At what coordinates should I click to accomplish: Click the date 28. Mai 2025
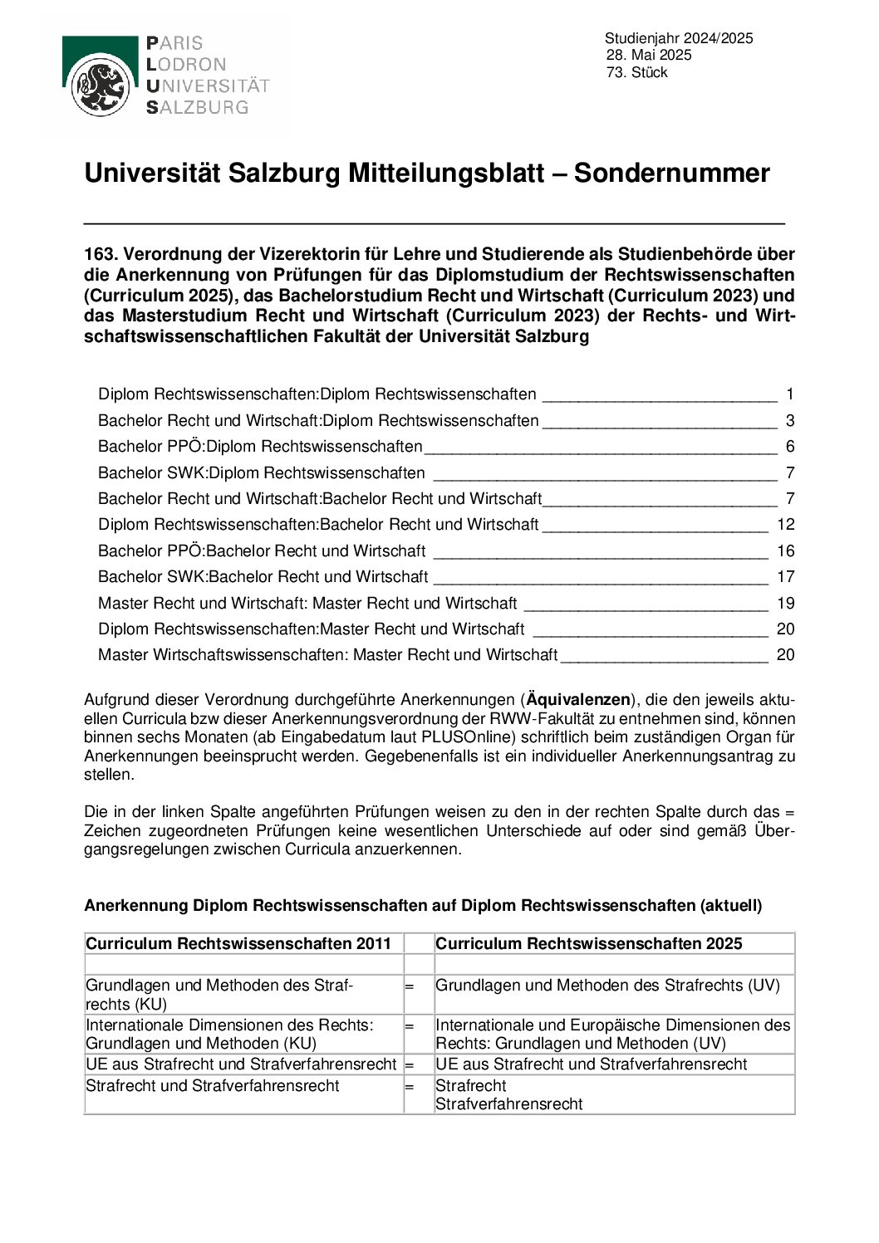pos(649,56)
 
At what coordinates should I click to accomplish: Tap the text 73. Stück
pos(637,73)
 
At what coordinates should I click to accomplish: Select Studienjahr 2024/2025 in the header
pos(679,38)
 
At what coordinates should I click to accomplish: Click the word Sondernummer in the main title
pos(671,174)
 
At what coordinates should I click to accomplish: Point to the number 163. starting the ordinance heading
pos(101,254)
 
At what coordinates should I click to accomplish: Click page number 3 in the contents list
pos(790,421)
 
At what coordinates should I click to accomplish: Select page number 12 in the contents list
pos(785,525)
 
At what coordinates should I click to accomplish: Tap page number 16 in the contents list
pos(785,551)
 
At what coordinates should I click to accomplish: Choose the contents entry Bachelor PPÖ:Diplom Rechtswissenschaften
pos(260,447)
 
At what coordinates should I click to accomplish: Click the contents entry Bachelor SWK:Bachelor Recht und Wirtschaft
pos(263,577)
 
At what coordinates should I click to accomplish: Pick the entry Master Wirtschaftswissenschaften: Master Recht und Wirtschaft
pos(327,655)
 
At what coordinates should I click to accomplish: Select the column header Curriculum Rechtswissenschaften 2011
pos(238,944)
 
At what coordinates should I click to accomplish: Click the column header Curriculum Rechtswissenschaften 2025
pos(588,944)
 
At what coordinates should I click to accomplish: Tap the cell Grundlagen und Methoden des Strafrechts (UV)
pos(607,986)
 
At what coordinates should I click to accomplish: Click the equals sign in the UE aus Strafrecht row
pos(409,1064)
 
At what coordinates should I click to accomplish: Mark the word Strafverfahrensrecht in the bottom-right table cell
pos(509,1104)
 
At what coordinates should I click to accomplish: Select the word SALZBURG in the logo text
pos(197,108)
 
